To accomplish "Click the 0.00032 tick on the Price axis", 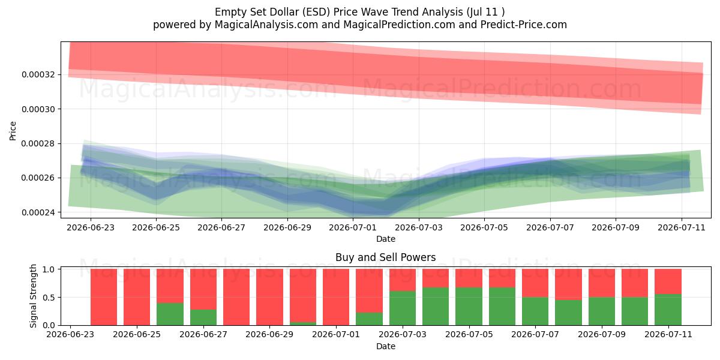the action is coord(38,74).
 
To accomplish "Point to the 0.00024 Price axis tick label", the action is coord(38,212).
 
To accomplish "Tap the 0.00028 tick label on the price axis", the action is coord(38,143).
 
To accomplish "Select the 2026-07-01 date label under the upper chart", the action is coord(353,227).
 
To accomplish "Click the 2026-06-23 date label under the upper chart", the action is coord(91,227).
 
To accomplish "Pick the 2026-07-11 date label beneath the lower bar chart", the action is coord(668,335).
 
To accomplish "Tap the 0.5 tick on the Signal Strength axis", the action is coord(49,298).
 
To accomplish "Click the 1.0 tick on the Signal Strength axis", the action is coord(49,269).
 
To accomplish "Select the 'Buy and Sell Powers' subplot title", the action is coord(385,257).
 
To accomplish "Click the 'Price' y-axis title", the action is coord(13,131).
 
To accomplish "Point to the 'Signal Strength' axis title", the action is coord(33,296).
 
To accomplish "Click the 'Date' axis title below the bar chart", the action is coord(386,346).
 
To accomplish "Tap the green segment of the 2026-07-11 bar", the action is coord(668,310).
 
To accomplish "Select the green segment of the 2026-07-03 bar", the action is coord(403,308).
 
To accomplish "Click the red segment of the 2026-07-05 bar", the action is coord(469,278).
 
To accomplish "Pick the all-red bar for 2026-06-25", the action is coord(137,297).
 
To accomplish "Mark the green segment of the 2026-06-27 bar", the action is coord(203,317).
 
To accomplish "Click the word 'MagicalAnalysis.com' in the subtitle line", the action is coord(266,25).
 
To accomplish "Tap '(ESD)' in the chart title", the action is coord(316,12).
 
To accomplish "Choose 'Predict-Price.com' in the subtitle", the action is coord(524,25).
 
